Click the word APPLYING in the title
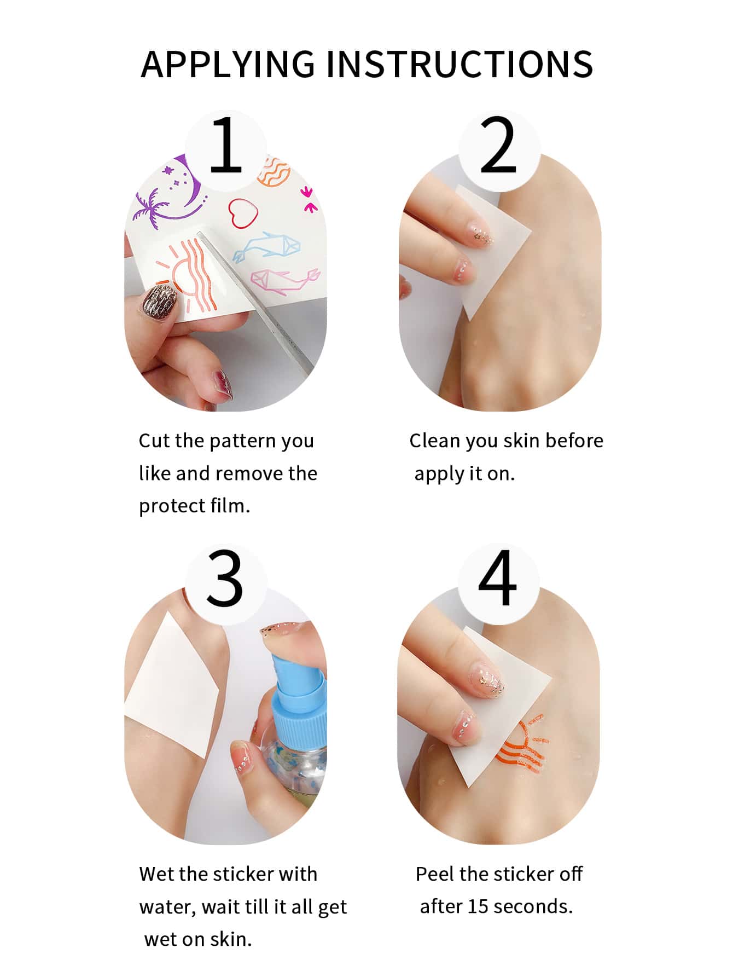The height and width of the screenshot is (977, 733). [228, 64]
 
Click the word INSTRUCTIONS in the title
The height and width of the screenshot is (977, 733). [459, 64]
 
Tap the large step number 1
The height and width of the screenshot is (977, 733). [226, 145]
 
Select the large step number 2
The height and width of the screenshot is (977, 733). [498, 145]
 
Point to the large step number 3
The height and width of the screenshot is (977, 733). [225, 578]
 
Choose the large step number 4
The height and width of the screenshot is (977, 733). [497, 578]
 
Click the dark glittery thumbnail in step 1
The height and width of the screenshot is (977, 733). [160, 302]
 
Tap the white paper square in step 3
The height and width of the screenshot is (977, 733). [172, 684]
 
